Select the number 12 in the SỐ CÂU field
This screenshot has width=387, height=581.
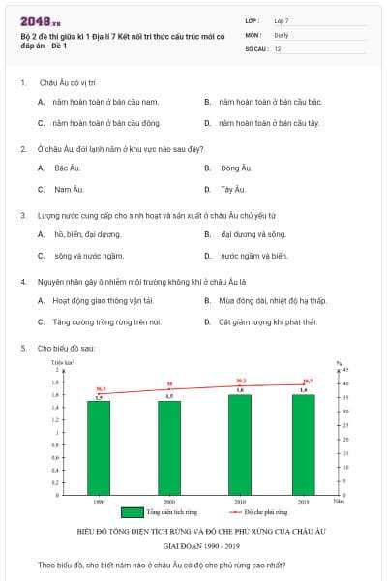point(278,48)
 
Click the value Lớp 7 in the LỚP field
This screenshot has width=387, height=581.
point(281,19)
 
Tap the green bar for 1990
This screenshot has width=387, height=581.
point(99,445)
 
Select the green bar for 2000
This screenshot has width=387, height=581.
point(169,445)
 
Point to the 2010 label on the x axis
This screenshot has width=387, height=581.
point(240,502)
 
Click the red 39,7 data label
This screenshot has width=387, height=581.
point(307,381)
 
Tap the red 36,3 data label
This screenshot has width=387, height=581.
point(100,388)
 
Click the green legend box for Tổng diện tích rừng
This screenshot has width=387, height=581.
point(133,512)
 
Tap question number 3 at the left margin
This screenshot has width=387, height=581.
point(22,214)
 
